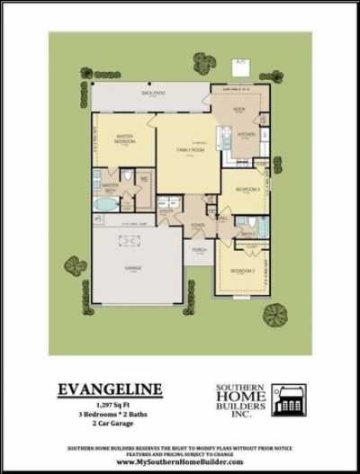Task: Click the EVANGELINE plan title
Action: coord(110,389)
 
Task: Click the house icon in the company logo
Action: coord(289,400)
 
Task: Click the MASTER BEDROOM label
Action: coord(125,140)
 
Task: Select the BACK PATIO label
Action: coord(150,94)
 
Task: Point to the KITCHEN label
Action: coord(247,135)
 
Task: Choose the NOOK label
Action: coord(239,108)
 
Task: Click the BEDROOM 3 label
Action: coord(247,190)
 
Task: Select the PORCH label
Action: coord(199,250)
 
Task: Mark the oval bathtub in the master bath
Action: coord(105,203)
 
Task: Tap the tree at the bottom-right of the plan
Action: coord(274,313)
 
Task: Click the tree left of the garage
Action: coord(75,266)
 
